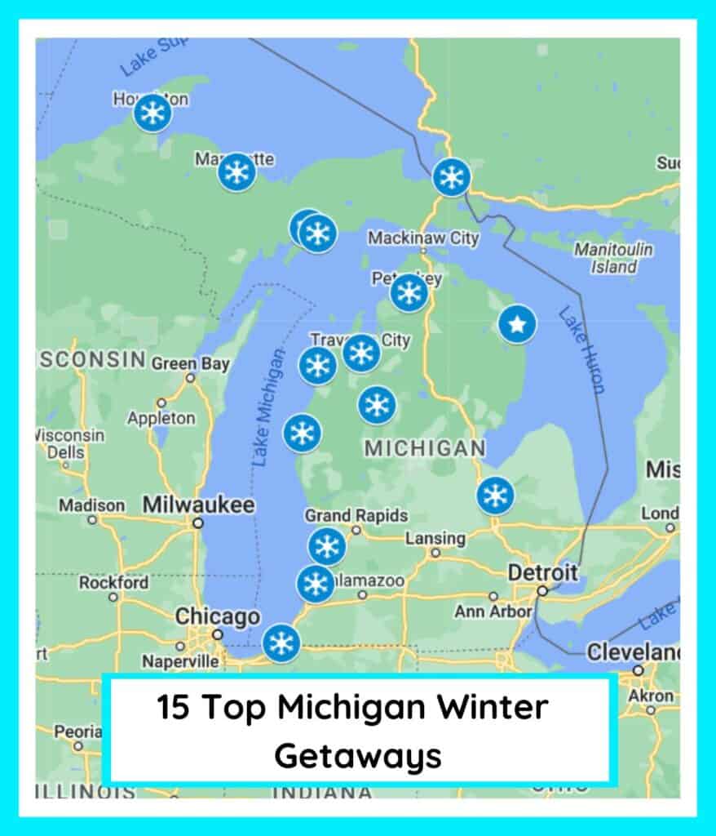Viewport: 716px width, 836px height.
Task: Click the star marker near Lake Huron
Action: pos(517,324)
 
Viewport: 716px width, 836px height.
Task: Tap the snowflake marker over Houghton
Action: pos(152,113)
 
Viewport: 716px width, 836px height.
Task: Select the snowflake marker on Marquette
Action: pos(236,172)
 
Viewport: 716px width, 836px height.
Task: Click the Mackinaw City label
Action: pos(423,238)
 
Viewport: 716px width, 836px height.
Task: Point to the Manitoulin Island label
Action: pos(613,257)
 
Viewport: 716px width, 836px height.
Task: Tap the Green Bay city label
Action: pos(190,363)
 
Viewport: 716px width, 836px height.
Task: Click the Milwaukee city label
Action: pos(198,505)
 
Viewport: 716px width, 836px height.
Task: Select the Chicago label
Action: pos(218,617)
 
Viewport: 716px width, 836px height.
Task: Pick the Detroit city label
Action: pos(543,572)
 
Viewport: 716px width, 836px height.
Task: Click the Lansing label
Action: pos(435,539)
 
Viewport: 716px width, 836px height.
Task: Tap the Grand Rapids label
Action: pos(356,516)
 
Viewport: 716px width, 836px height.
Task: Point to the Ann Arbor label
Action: pos(493,611)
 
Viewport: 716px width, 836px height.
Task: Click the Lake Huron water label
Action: pos(581,351)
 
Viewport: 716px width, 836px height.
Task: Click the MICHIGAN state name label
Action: pos(424,448)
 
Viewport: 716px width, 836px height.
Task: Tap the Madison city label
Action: pos(91,506)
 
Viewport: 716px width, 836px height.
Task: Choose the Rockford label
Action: pos(113,583)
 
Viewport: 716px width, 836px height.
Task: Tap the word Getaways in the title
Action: pos(357,756)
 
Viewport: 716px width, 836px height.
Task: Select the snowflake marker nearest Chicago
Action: pos(281,643)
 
